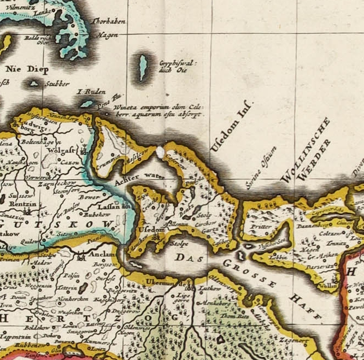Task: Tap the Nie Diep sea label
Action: (26, 70)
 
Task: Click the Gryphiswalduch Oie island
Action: (143, 67)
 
